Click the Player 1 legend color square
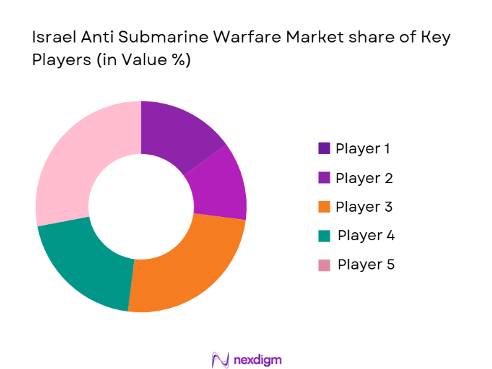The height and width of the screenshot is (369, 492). click(x=324, y=149)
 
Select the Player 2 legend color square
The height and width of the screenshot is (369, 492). click(x=324, y=178)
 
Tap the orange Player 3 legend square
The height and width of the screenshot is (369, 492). click(x=324, y=207)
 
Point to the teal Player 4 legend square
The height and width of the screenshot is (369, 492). click(x=324, y=236)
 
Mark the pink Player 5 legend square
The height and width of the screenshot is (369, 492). click(x=324, y=265)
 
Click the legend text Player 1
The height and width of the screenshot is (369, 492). click(x=363, y=149)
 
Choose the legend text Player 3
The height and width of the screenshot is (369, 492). click(x=364, y=207)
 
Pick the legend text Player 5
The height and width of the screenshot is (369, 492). click(x=366, y=265)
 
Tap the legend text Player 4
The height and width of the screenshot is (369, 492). click(x=366, y=236)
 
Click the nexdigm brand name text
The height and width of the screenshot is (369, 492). click(x=258, y=360)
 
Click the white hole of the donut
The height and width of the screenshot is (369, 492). click(x=141, y=206)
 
